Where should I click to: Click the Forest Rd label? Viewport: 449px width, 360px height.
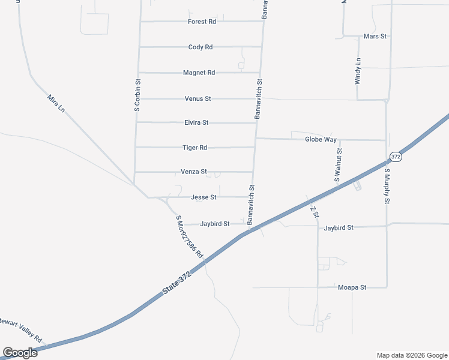pos(202,22)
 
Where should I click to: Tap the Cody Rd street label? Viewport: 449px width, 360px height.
pos(200,47)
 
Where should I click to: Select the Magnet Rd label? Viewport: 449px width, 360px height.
pos(199,73)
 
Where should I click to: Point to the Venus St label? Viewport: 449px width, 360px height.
pos(197,98)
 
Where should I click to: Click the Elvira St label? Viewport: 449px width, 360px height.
pos(196,122)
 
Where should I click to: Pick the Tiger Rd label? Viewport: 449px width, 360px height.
pos(195,148)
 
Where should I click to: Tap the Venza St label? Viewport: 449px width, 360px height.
pos(194,172)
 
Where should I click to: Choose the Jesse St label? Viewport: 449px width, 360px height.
pos(203,197)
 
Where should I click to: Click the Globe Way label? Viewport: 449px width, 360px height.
pos(321,140)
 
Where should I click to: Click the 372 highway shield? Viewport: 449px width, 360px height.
pos(395,157)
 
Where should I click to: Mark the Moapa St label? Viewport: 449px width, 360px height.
pos(352,287)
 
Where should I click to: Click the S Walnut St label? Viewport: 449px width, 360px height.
pos(337,165)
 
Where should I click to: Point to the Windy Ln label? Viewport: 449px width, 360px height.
pos(358,71)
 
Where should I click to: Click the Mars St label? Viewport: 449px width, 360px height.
pos(375,37)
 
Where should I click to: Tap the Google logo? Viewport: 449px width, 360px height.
pos(20,353)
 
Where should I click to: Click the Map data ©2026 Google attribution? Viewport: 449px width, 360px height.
pos(411,355)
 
